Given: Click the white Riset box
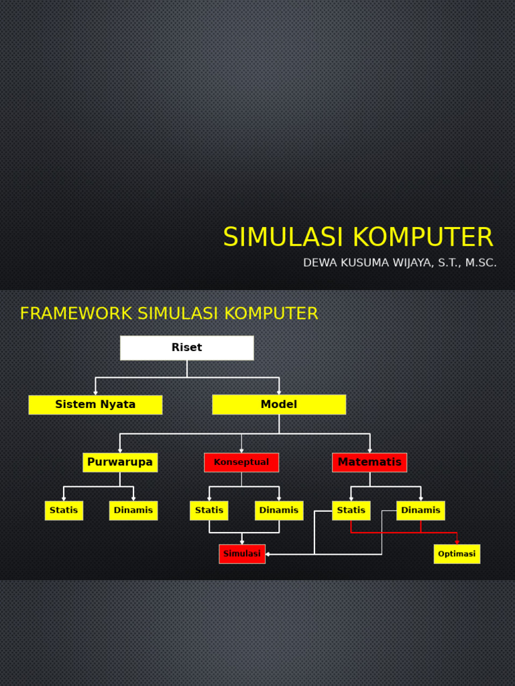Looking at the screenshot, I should pos(186,348).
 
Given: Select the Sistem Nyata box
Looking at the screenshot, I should pos(95,405).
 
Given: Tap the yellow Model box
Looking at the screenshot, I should pos(279,405).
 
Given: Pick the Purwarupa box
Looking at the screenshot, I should pos(120,462).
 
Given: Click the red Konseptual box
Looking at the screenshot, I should pos(241,462).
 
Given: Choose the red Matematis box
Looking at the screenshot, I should pos(369,462).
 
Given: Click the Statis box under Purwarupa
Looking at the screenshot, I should pos(64,510).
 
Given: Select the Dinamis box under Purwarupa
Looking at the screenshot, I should pos(133,510).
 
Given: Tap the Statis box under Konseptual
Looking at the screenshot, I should pos(209,510).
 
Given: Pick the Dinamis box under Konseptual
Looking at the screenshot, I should pos(279,510).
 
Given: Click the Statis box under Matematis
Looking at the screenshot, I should pos(351,510).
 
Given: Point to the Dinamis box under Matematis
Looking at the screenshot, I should pos(420,510).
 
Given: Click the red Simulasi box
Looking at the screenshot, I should pos(242,554).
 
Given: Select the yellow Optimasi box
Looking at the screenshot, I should pos(457,554).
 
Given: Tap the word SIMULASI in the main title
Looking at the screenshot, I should pos(284,238).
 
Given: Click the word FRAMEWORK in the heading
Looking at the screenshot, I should pos(76,314).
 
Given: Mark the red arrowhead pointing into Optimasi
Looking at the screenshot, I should pos(457,542).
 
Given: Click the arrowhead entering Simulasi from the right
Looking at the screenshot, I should pos(268,554).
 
